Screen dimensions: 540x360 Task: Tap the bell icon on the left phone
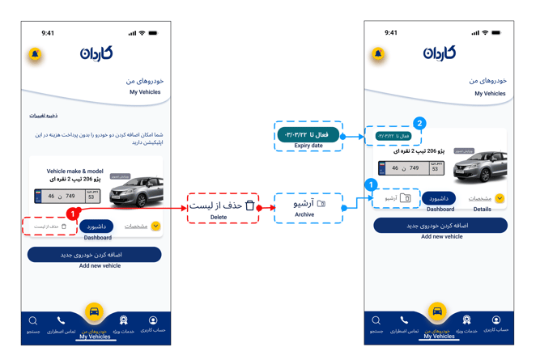(x=35, y=54)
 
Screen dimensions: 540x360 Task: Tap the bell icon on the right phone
(x=378, y=54)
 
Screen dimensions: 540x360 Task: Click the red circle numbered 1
(x=73, y=214)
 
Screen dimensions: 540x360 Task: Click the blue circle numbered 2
(x=419, y=124)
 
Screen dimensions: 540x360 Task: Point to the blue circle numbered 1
(x=372, y=185)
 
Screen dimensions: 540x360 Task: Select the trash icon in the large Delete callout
(x=249, y=206)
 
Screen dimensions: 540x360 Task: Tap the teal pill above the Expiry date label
(x=308, y=134)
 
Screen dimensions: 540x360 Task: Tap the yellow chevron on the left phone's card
(x=155, y=227)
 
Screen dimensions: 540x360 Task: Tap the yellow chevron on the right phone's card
(x=500, y=198)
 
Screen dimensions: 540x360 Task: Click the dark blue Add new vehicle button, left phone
(x=96, y=255)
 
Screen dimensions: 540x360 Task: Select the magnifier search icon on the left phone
(x=33, y=321)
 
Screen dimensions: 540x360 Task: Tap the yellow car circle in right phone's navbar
(x=437, y=311)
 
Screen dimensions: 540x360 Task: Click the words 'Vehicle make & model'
(x=75, y=172)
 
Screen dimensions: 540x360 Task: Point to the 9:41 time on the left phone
(x=48, y=33)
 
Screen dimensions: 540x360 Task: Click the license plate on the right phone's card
(x=414, y=168)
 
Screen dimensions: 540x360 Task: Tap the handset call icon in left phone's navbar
(x=61, y=321)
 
